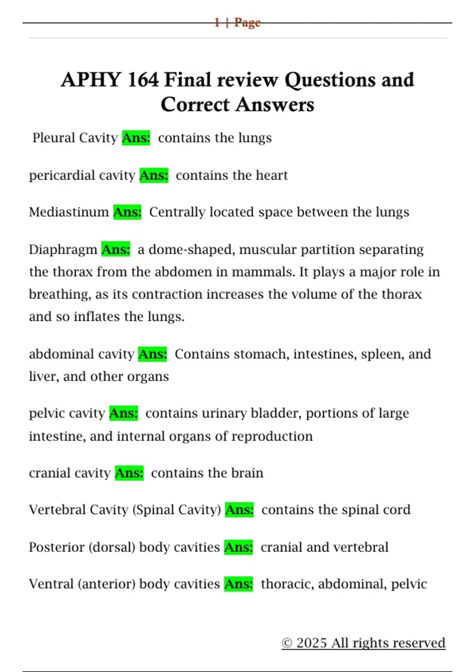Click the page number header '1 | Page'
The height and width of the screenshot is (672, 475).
[x=237, y=23]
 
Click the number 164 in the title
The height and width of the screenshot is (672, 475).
[x=143, y=80]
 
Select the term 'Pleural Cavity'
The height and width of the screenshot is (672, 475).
[x=75, y=138]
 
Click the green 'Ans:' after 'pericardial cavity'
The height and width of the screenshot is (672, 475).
[x=154, y=175]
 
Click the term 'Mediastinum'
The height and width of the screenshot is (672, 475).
[x=69, y=212]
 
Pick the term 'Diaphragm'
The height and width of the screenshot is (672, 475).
[x=63, y=250]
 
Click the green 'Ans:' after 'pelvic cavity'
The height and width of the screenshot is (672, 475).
[x=123, y=413]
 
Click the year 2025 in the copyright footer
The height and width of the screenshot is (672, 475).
[x=312, y=643]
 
